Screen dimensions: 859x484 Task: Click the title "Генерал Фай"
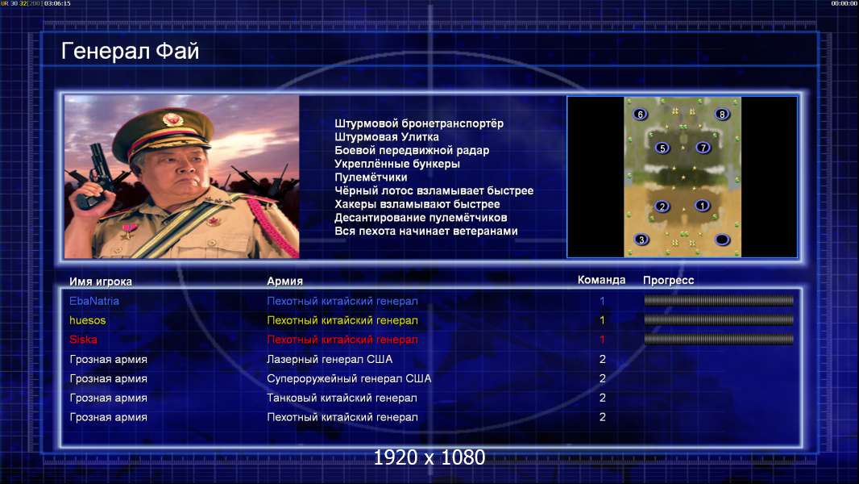pyautogui.click(x=130, y=51)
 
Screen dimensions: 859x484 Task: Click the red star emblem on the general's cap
pyautogui.click(x=172, y=119)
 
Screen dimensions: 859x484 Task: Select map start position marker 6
pyautogui.click(x=640, y=114)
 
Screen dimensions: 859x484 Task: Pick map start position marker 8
pyautogui.click(x=722, y=114)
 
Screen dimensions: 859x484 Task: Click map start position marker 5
pyautogui.click(x=662, y=148)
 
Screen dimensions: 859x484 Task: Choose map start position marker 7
pyautogui.click(x=703, y=147)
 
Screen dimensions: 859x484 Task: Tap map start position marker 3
pyautogui.click(x=641, y=239)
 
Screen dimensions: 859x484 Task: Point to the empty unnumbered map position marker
pyautogui.click(x=722, y=240)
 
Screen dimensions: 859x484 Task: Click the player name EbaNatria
pyautogui.click(x=94, y=301)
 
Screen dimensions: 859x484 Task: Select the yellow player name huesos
pyautogui.click(x=88, y=320)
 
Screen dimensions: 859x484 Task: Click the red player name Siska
pyautogui.click(x=83, y=340)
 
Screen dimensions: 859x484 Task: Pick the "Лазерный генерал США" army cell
pyautogui.click(x=330, y=359)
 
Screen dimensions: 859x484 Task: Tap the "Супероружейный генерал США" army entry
pyautogui.click(x=349, y=379)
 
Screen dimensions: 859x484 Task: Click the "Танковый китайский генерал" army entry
pyautogui.click(x=342, y=398)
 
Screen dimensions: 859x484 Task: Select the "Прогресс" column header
pyautogui.click(x=668, y=281)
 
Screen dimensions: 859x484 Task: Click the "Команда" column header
pyautogui.click(x=601, y=280)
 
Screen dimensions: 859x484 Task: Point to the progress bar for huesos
pyautogui.click(x=719, y=319)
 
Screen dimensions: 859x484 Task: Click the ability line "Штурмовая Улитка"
pyautogui.click(x=387, y=137)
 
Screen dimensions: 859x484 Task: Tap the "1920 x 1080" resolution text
pyautogui.click(x=429, y=457)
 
